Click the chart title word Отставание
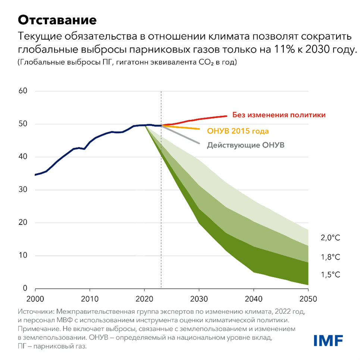[x=57, y=20]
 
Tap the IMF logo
[x=328, y=340]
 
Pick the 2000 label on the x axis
[x=35, y=299]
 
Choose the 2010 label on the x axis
[x=90, y=299]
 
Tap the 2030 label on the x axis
[x=199, y=299]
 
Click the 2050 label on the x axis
[x=309, y=299]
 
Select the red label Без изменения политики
[x=279, y=115]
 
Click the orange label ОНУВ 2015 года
[x=238, y=131]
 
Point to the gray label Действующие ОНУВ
[x=246, y=145]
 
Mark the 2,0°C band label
[x=331, y=238]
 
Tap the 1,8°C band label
[x=331, y=257]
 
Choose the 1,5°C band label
[x=331, y=275]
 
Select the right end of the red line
[x=226, y=116]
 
